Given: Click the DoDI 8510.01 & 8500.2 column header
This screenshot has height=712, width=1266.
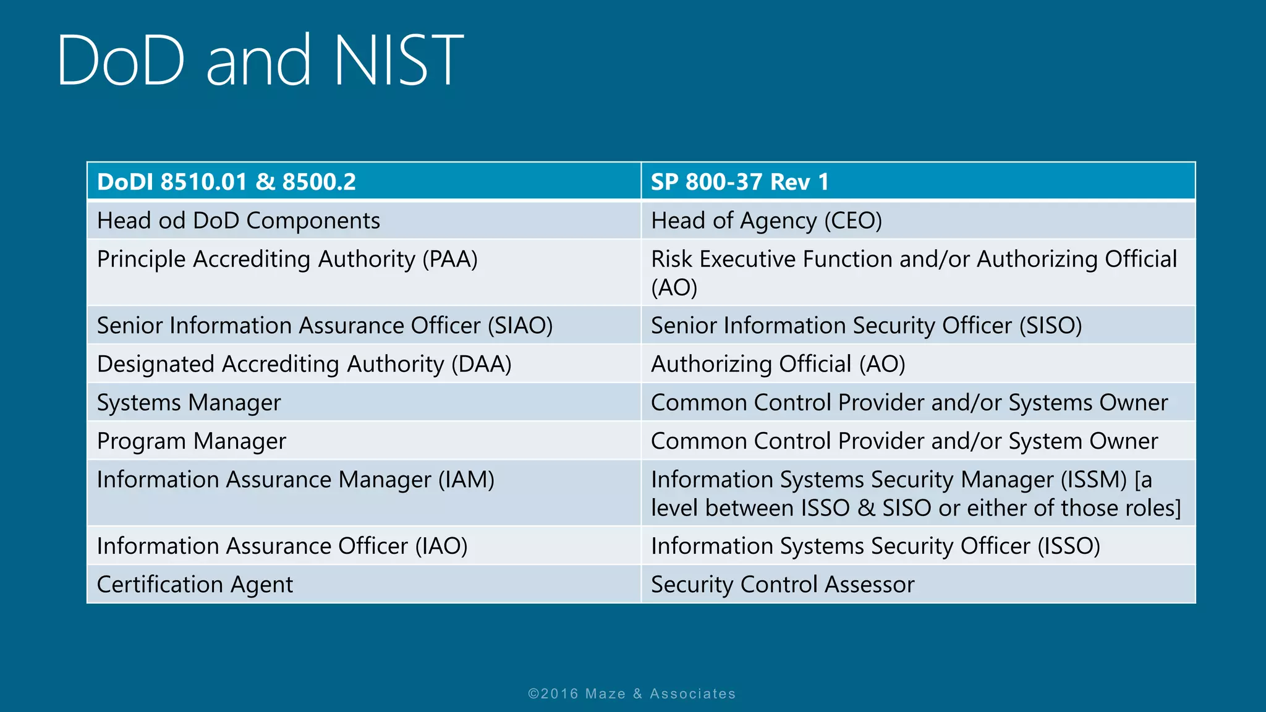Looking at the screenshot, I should click(226, 182).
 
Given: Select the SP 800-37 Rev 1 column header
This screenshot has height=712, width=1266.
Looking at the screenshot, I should click(739, 182).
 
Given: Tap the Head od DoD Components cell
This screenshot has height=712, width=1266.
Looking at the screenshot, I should click(238, 221).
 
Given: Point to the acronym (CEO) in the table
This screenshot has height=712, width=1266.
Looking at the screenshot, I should click(853, 221).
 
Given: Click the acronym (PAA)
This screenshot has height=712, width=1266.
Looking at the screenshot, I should click(450, 259).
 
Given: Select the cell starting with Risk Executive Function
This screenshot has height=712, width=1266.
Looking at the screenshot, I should click(914, 273).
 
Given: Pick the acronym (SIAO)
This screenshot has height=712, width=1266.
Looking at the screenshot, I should click(520, 326).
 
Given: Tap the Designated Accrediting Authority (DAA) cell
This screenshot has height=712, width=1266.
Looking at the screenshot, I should click(304, 364).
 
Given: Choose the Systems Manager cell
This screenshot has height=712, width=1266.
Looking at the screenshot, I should click(189, 403).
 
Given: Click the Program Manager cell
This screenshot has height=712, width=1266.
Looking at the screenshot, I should click(191, 441).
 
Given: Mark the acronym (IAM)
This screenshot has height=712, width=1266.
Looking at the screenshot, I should click(466, 480).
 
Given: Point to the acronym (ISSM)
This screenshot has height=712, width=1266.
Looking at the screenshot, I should click(1094, 480).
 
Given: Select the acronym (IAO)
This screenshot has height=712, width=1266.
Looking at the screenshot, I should click(441, 546).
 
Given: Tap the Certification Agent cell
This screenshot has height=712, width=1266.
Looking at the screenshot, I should click(195, 585).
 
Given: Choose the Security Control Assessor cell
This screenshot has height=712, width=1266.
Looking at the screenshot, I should click(783, 585).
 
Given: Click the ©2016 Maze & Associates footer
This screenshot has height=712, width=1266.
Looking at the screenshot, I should click(632, 693).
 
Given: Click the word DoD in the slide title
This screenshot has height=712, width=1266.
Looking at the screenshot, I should click(121, 61).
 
